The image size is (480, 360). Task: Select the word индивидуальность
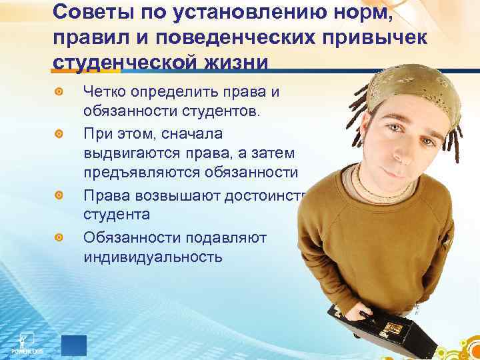pyautogui.click(x=153, y=255)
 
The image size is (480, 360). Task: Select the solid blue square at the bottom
pyautogui.click(x=74, y=345)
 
